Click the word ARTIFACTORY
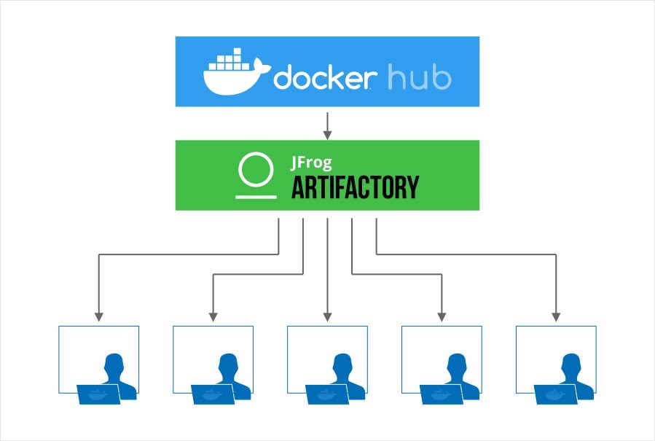coord(355,187)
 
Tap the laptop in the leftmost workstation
coord(97,394)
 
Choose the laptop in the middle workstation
coord(326,394)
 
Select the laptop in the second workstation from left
coord(211,394)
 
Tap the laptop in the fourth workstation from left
coord(440,394)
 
